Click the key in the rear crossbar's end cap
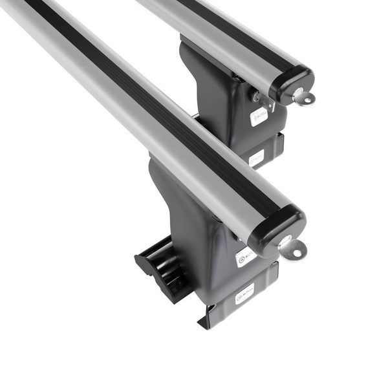(303, 98)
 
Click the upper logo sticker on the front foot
(246, 255)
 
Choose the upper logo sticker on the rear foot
(259, 116)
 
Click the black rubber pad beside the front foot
(159, 264)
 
